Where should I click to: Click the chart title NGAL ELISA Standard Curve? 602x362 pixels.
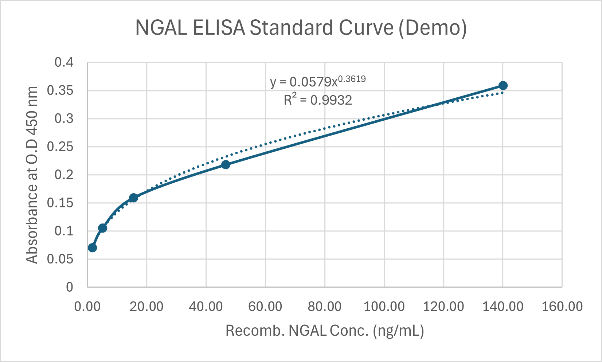pos(301,28)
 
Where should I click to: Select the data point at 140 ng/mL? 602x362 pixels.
pos(503,86)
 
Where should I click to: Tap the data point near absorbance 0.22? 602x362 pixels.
pos(226,164)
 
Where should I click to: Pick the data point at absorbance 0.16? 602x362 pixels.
pos(133,198)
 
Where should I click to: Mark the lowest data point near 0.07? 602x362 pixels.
pos(92,248)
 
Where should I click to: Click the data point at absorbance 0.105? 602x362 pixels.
pos(102,228)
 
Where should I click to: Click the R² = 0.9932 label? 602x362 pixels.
pos(318,100)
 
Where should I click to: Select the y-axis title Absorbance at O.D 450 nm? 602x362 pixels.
pos(32,175)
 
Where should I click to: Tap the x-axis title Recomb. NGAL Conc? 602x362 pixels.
pos(325,331)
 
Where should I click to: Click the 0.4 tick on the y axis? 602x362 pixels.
pos(64,63)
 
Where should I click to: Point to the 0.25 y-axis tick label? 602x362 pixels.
pos(60,147)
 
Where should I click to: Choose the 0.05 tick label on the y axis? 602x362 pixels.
pos(60,259)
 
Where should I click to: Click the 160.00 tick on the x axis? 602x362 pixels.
pos(562,307)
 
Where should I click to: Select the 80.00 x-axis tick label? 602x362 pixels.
pos(324,307)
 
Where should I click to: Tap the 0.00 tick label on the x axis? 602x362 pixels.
pos(87,307)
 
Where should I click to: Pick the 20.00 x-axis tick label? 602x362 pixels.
pos(146,307)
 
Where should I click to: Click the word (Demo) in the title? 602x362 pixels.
pos(432,28)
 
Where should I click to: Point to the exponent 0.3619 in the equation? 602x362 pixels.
pos(352,79)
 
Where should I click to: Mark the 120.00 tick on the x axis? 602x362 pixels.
pos(443,307)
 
